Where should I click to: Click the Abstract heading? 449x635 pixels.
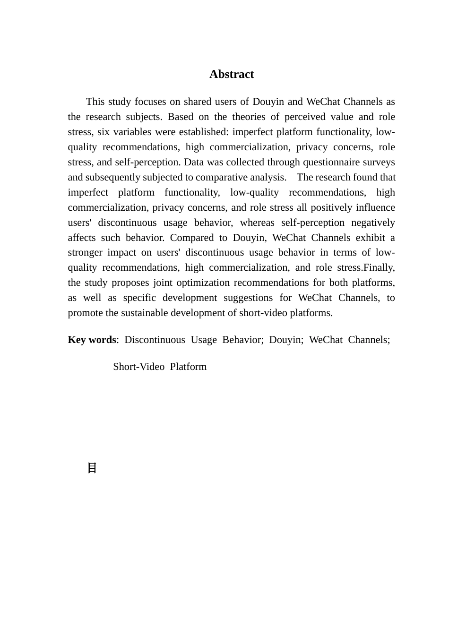point(232,74)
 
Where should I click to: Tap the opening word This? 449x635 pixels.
point(95,102)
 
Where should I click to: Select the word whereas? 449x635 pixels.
point(257,223)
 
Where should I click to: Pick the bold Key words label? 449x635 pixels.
point(92,340)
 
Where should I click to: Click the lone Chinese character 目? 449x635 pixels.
point(92,468)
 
